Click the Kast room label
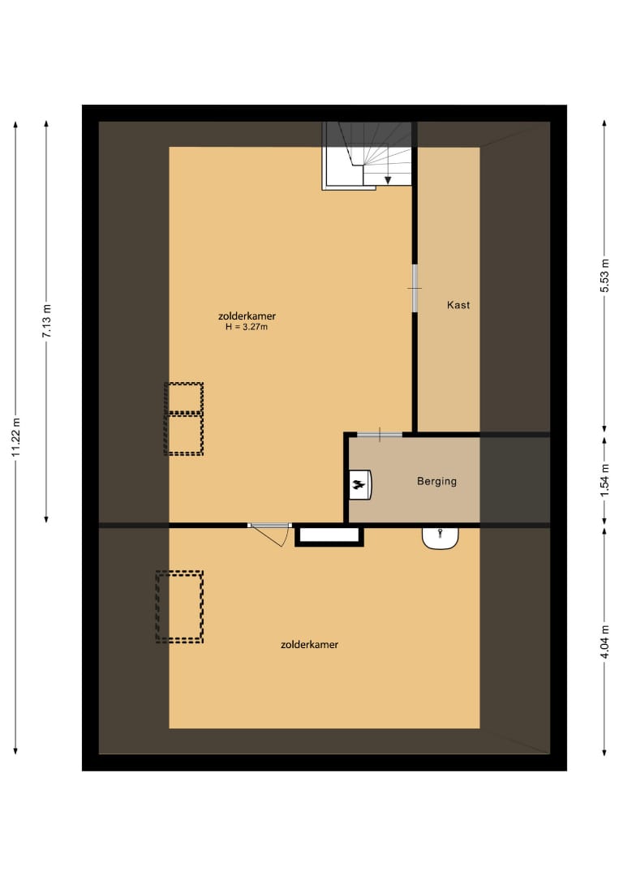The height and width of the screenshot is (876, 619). point(458,305)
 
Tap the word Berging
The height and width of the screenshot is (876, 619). point(436,481)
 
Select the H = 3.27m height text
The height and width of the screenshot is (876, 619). point(247,328)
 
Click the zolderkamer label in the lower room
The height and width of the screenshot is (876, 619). point(309,645)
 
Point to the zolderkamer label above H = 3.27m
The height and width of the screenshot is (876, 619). point(247,316)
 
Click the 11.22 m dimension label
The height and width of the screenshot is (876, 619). point(16,438)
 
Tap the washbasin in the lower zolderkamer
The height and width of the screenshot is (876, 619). point(441,537)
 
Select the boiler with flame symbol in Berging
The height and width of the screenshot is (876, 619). point(359,485)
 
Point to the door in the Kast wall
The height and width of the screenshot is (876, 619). point(415,288)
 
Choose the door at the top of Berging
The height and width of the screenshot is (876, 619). point(380,436)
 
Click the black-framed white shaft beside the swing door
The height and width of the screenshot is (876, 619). point(329,535)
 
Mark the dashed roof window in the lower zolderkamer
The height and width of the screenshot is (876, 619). point(179,607)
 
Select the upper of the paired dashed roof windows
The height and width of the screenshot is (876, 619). point(184,398)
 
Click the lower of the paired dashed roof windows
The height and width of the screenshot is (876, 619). point(184,435)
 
